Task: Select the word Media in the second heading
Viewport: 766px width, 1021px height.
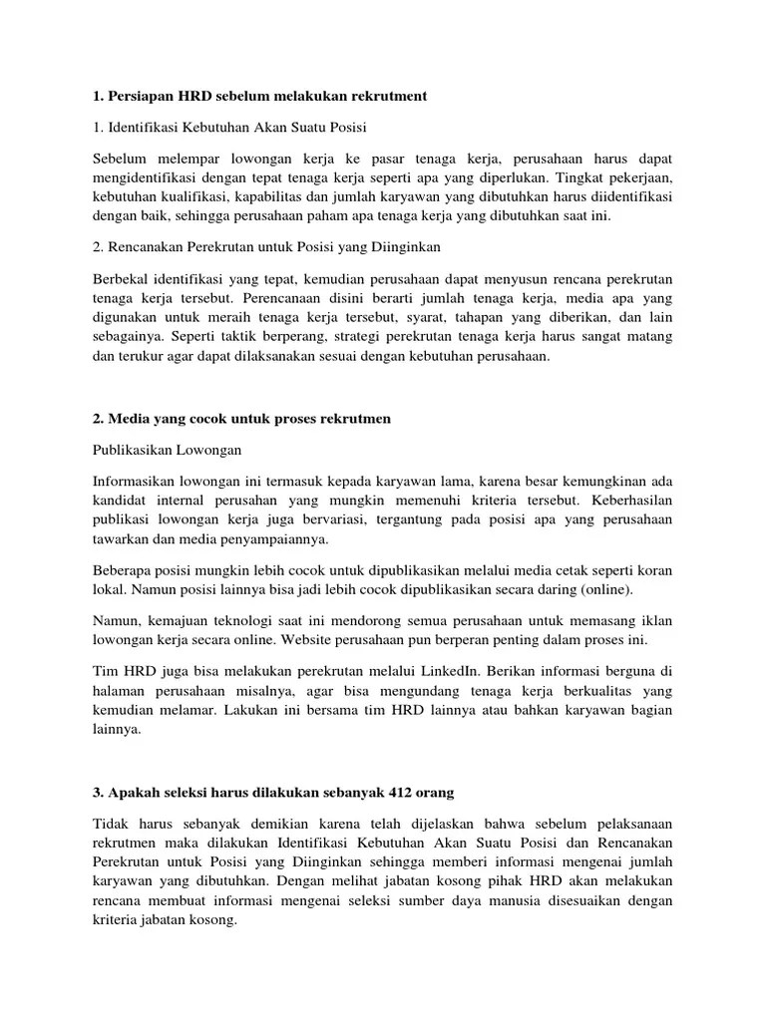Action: tap(131, 420)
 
